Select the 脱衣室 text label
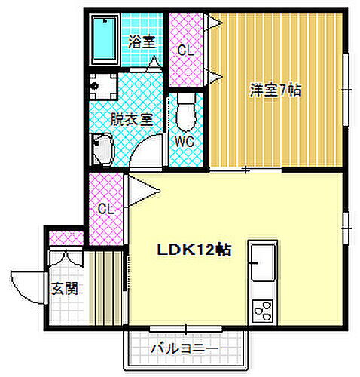132,118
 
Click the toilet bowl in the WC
185,114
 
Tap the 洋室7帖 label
276,90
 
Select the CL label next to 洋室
185,51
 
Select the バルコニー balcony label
184,348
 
